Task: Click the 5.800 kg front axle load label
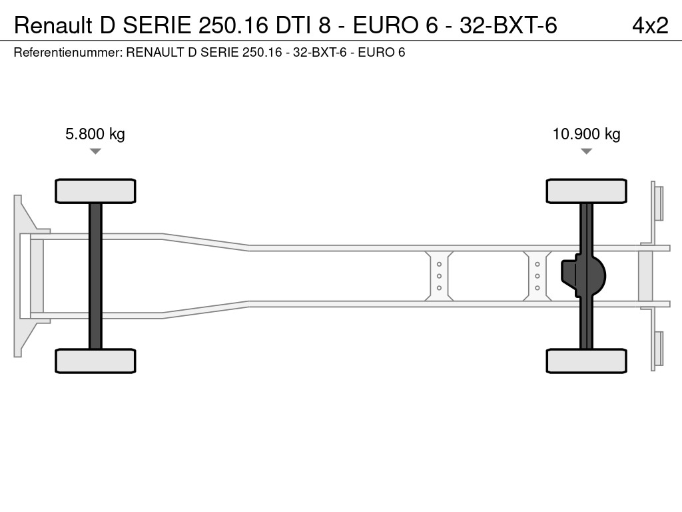(95, 133)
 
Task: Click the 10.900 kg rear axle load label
(586, 133)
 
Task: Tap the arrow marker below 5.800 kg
(95, 151)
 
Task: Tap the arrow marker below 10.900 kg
(586, 151)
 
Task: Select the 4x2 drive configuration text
(650, 26)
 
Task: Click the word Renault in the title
(53, 26)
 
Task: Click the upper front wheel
(95, 191)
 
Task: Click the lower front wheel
(95, 361)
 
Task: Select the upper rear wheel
(586, 191)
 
